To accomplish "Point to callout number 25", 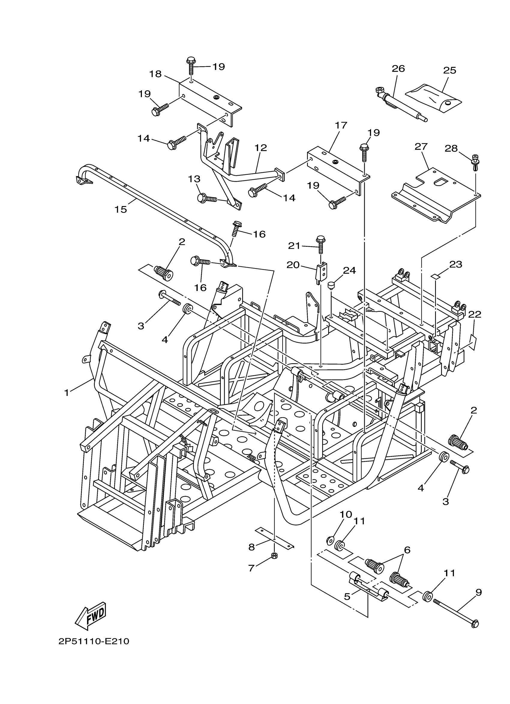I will [449, 70].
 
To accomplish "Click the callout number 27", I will [421, 147].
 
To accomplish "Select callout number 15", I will [120, 210].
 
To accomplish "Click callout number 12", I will [261, 148].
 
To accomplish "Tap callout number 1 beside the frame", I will [66, 393].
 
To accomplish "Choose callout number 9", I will [478, 592].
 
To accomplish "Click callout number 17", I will [341, 126].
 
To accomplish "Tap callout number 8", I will [251, 547].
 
